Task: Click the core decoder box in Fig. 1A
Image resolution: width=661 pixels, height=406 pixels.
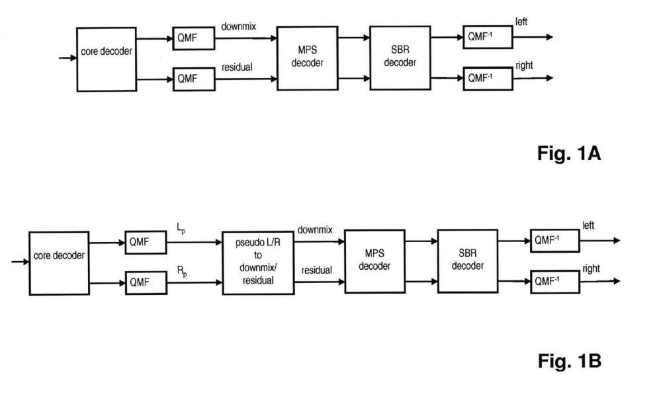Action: [107, 60]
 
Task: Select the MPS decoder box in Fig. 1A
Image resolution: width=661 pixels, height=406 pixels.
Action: [307, 58]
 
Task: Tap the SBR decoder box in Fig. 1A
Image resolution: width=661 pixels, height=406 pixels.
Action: [400, 58]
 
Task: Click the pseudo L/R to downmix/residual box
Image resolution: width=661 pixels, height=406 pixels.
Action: [258, 263]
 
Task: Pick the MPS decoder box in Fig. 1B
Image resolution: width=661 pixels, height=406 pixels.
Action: [375, 261]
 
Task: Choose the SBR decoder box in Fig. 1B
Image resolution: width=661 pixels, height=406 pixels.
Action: [468, 261]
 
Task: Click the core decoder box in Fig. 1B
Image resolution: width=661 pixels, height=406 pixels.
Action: [59, 263]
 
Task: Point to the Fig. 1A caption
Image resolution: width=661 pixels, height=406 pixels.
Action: [568, 153]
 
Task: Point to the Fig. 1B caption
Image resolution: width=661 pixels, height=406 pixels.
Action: [569, 361]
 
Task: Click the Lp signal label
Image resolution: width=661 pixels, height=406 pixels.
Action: [181, 229]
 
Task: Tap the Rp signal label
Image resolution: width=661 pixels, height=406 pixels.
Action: [182, 272]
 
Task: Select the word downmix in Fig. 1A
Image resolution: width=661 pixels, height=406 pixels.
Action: [239, 26]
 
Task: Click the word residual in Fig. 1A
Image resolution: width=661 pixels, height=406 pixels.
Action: [237, 67]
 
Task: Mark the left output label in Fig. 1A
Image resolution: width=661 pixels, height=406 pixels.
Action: [521, 21]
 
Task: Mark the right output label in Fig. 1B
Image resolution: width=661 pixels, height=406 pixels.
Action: [591, 268]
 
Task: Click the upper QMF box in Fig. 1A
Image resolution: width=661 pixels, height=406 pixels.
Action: [193, 38]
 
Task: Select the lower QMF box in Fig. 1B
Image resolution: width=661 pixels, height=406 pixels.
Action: [146, 282]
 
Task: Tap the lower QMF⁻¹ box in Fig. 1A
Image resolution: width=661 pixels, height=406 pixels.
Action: [488, 78]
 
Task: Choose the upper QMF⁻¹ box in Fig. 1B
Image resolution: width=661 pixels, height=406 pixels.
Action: [554, 241]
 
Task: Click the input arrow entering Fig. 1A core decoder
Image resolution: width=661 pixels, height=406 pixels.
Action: [67, 58]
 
